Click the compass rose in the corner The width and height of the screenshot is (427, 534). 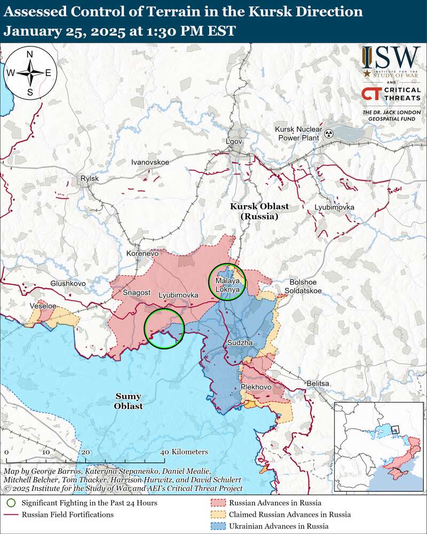(30, 73)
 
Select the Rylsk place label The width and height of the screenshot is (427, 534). (89, 178)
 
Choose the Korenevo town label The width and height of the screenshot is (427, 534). (143, 254)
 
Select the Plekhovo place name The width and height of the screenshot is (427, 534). (256, 387)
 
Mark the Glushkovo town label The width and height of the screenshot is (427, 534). (68, 284)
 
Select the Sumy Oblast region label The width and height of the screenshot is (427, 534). (128, 401)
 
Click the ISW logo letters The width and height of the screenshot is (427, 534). (391, 57)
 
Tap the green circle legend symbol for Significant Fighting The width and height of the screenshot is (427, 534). (12, 502)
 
